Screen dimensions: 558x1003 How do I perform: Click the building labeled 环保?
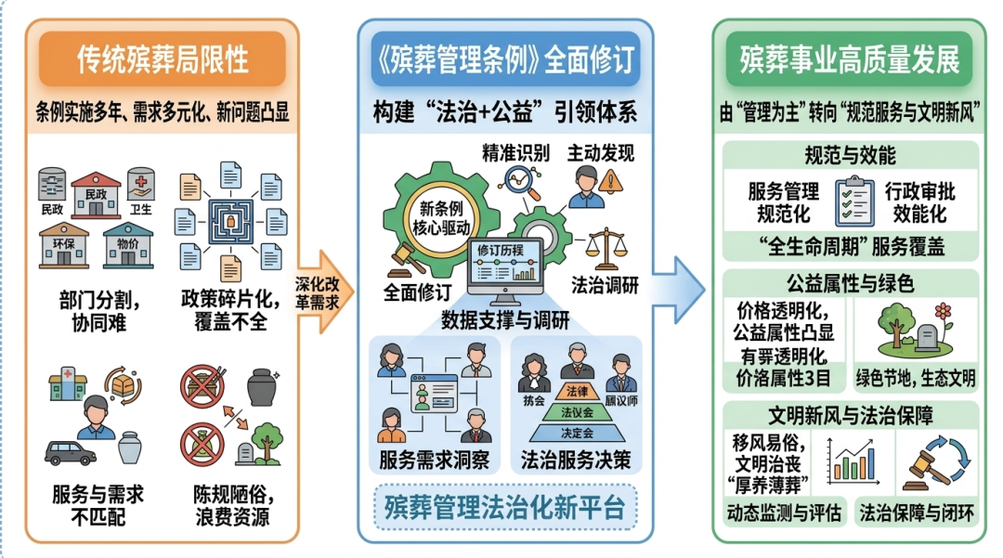click(x=63, y=244)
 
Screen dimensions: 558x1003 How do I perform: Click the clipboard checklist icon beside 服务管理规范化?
click(x=852, y=200)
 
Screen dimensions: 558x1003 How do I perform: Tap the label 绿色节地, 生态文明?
click(x=915, y=378)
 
